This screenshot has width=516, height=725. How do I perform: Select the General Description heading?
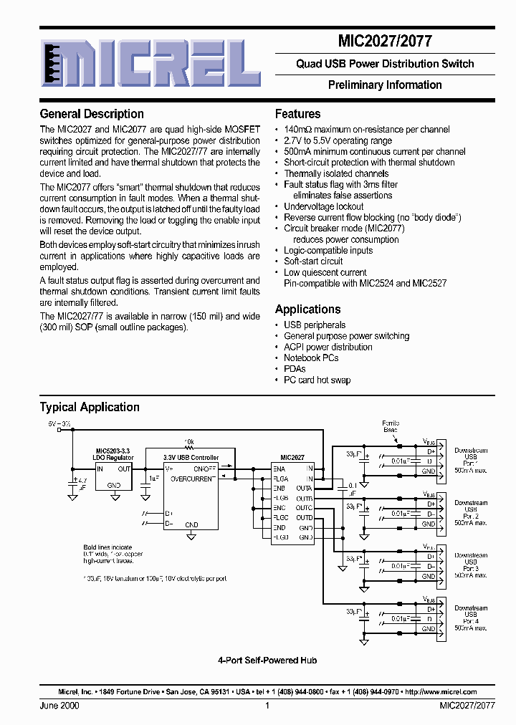[x=92, y=114]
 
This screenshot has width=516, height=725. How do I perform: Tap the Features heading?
[x=297, y=114]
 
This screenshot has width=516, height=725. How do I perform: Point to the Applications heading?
[x=307, y=309]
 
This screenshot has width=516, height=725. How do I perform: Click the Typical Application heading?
[x=90, y=408]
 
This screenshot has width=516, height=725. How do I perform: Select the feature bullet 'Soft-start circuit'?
[x=313, y=261]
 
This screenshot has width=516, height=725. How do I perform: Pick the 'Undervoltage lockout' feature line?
[x=323, y=206]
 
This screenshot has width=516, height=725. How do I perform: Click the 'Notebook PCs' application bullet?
[x=311, y=357]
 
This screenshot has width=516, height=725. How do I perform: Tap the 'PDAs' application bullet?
[x=295, y=369]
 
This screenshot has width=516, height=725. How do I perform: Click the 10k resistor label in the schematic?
[x=189, y=442]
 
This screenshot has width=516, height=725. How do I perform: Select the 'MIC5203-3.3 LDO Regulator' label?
[x=113, y=453]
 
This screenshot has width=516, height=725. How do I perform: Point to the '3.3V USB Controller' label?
[x=191, y=457]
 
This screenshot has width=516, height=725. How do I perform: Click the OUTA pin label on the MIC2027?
[x=305, y=487]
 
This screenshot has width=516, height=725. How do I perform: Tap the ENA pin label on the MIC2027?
[x=279, y=469]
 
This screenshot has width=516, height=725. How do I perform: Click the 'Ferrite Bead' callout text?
[x=391, y=426]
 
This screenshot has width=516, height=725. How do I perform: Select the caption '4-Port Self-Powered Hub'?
[x=267, y=660]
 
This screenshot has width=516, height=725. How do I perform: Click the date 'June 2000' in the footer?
[x=59, y=706]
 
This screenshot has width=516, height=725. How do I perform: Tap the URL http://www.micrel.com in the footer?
[x=440, y=692]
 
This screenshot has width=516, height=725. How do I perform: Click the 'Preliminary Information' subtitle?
[x=385, y=85]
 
